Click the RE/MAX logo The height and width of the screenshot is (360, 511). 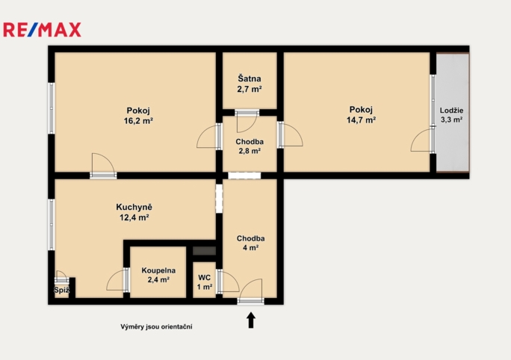[x=42, y=30]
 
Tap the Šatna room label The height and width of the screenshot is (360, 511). [x=250, y=78]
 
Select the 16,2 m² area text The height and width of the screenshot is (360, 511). [x=138, y=121]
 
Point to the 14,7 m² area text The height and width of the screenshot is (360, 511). [x=361, y=120]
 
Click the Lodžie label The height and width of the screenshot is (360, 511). [x=452, y=111]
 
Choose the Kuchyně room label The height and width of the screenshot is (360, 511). [x=134, y=207]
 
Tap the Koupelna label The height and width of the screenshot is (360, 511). [x=158, y=270]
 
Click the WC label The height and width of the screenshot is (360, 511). [x=205, y=278]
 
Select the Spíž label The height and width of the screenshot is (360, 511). [x=61, y=291]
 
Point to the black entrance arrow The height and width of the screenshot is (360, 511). [x=250, y=320]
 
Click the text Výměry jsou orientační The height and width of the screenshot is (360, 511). [x=156, y=326]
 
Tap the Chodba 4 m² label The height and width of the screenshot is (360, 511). [x=250, y=243]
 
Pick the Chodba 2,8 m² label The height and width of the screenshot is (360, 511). [x=250, y=146]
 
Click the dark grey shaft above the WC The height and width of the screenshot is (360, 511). [x=205, y=251]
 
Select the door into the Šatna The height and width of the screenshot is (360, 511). [x=247, y=121]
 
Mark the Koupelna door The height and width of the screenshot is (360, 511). [x=118, y=279]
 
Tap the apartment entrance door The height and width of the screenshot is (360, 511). [x=250, y=291]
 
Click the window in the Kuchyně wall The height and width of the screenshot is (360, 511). [x=51, y=225]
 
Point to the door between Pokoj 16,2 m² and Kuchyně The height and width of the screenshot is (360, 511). [x=103, y=166]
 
